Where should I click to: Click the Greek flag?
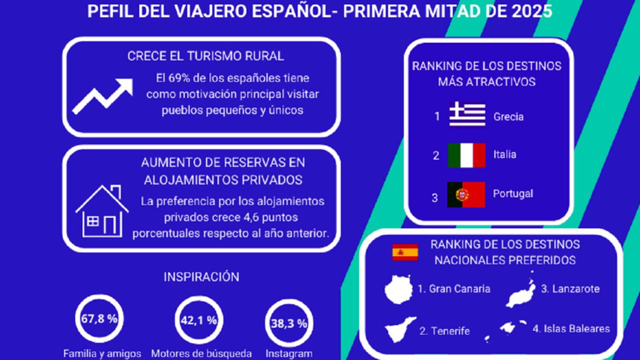[467, 113]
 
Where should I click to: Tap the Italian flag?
[466, 155]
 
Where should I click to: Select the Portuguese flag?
[466, 194]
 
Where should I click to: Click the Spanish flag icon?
[405, 252]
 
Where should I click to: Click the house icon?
[102, 211]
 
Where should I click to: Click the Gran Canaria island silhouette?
[398, 289]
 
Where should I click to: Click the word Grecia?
[508, 116]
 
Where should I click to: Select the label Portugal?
[513, 193]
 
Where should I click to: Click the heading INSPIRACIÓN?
[201, 277]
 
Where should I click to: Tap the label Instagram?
[289, 353]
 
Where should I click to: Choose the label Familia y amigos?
[102, 353]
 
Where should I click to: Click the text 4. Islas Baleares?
[571, 328]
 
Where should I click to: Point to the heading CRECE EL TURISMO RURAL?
[205, 56]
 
